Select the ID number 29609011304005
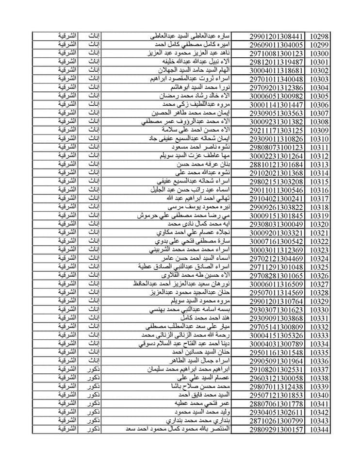(277, 45)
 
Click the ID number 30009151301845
(277, 216)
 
